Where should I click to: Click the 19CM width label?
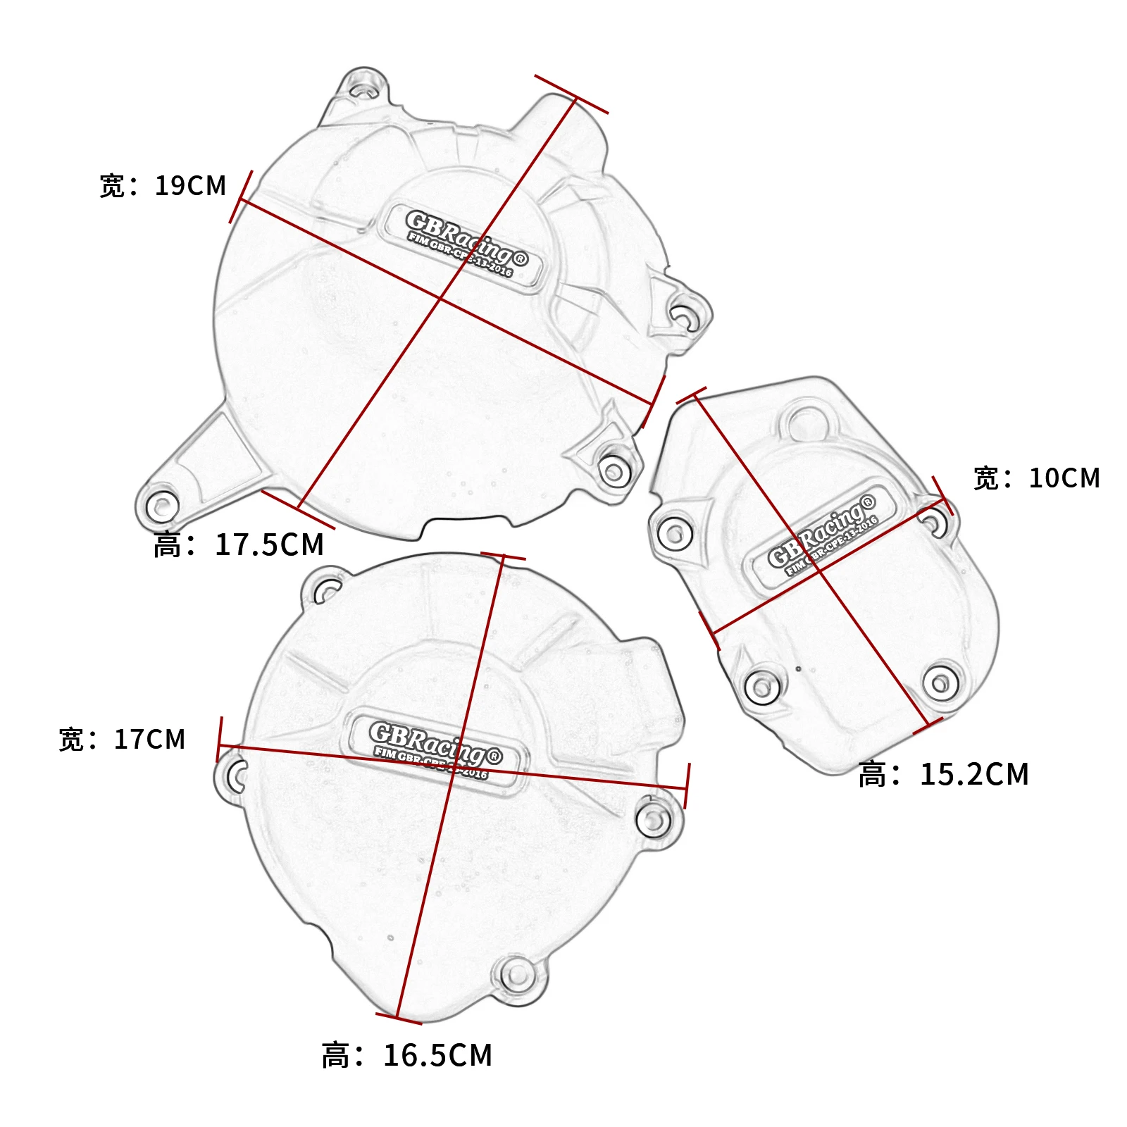point(163,186)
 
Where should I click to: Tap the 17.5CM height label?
point(239,544)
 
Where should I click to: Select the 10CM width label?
point(1036,478)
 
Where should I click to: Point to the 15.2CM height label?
point(944,774)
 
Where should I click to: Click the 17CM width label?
point(122,740)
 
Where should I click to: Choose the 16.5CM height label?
point(407,1055)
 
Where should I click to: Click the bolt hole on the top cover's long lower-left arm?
point(162,506)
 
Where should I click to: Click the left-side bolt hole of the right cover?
point(674,533)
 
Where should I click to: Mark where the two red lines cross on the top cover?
point(441,299)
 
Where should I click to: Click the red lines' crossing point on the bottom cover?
point(452,768)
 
